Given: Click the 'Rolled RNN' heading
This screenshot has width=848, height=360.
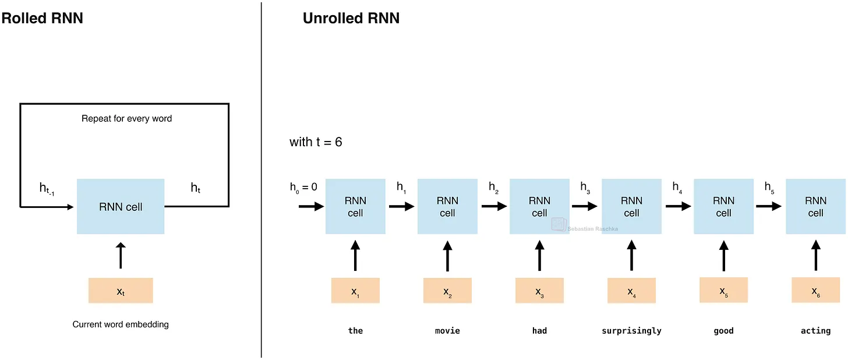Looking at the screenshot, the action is pyautogui.click(x=42, y=18).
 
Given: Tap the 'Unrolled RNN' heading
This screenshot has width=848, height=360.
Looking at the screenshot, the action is pyautogui.click(x=351, y=18).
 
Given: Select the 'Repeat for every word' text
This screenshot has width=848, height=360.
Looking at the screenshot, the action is pyautogui.click(x=126, y=118).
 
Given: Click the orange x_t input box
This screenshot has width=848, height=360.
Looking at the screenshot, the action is pyautogui.click(x=121, y=290).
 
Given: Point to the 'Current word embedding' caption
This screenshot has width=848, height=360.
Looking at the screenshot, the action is pyautogui.click(x=121, y=324).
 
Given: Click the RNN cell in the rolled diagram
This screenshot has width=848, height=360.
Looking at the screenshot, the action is pyautogui.click(x=121, y=206).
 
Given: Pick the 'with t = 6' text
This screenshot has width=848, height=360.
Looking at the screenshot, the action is pyautogui.click(x=316, y=142).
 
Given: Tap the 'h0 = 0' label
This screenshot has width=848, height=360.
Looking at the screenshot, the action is pyautogui.click(x=303, y=187).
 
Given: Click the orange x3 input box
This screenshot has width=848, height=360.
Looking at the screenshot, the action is pyautogui.click(x=539, y=290).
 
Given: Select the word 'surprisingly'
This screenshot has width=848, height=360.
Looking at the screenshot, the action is pyautogui.click(x=631, y=331).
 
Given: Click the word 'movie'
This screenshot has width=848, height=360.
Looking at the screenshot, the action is pyautogui.click(x=447, y=331).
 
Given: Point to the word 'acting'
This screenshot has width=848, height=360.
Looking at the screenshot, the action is pyautogui.click(x=816, y=331).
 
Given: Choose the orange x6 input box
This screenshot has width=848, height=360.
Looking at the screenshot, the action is pyautogui.click(x=816, y=290).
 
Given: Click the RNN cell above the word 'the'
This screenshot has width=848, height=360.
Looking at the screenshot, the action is pyautogui.click(x=355, y=206).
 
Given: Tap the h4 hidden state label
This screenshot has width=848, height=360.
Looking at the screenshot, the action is pyautogui.click(x=677, y=187).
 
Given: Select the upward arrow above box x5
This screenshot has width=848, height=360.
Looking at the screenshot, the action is pyautogui.click(x=724, y=256).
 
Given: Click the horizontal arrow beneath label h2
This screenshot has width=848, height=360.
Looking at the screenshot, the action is pyautogui.click(x=494, y=206).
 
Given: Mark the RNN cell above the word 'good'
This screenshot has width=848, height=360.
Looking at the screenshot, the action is pyautogui.click(x=723, y=206).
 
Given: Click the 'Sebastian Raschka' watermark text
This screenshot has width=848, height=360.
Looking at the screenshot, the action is pyautogui.click(x=592, y=229).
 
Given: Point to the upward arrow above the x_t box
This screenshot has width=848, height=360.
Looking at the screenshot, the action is pyautogui.click(x=121, y=256).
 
